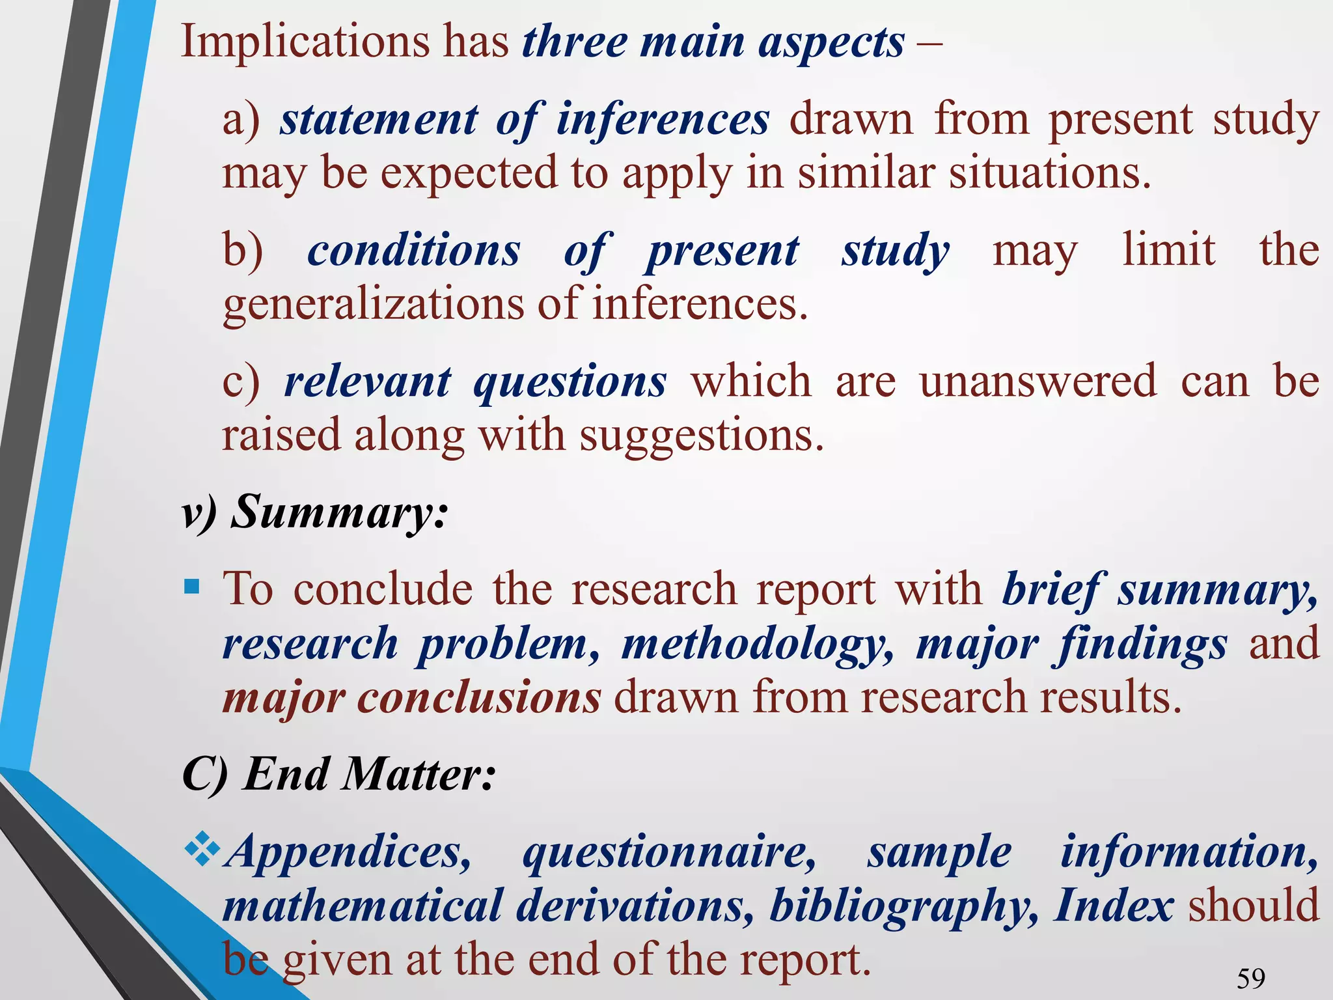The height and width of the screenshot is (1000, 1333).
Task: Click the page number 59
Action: pos(1251,979)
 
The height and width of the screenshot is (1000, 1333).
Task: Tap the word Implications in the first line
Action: pos(305,42)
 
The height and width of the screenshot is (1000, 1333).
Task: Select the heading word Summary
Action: pos(339,512)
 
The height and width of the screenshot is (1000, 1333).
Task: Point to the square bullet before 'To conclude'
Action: pos(191,587)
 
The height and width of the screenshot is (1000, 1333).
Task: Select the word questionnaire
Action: pos(668,853)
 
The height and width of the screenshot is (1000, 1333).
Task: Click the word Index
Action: pos(1114,906)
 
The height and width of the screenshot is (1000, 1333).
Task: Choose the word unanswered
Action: pos(1038,382)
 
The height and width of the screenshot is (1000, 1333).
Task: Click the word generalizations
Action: pos(373,305)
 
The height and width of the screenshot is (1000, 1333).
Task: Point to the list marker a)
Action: pos(241,120)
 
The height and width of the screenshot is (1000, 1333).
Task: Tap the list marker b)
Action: pos(242,251)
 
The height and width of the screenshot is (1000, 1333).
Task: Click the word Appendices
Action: pos(347,852)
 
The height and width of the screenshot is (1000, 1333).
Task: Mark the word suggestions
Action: pos(701,436)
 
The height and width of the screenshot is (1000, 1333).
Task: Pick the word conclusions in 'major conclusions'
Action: pos(480,698)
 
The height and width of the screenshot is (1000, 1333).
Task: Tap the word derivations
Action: pos(635,906)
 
